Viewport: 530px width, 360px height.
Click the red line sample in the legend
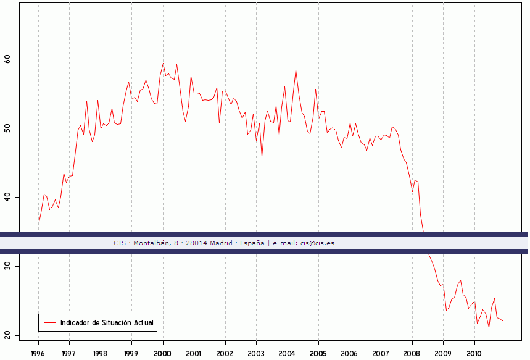point(50,323)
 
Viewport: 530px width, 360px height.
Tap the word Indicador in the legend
point(75,323)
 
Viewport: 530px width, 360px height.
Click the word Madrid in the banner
point(221,243)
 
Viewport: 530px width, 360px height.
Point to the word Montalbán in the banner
point(150,243)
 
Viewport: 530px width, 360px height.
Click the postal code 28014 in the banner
point(196,243)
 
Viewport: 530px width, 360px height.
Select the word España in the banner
point(252,243)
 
